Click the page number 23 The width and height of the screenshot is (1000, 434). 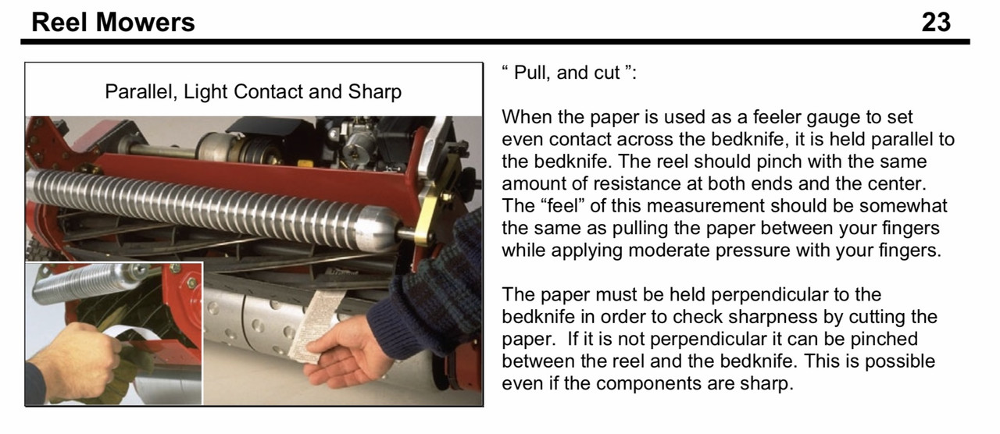936,23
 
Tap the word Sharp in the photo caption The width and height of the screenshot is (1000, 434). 374,92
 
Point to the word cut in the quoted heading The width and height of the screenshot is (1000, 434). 606,73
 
